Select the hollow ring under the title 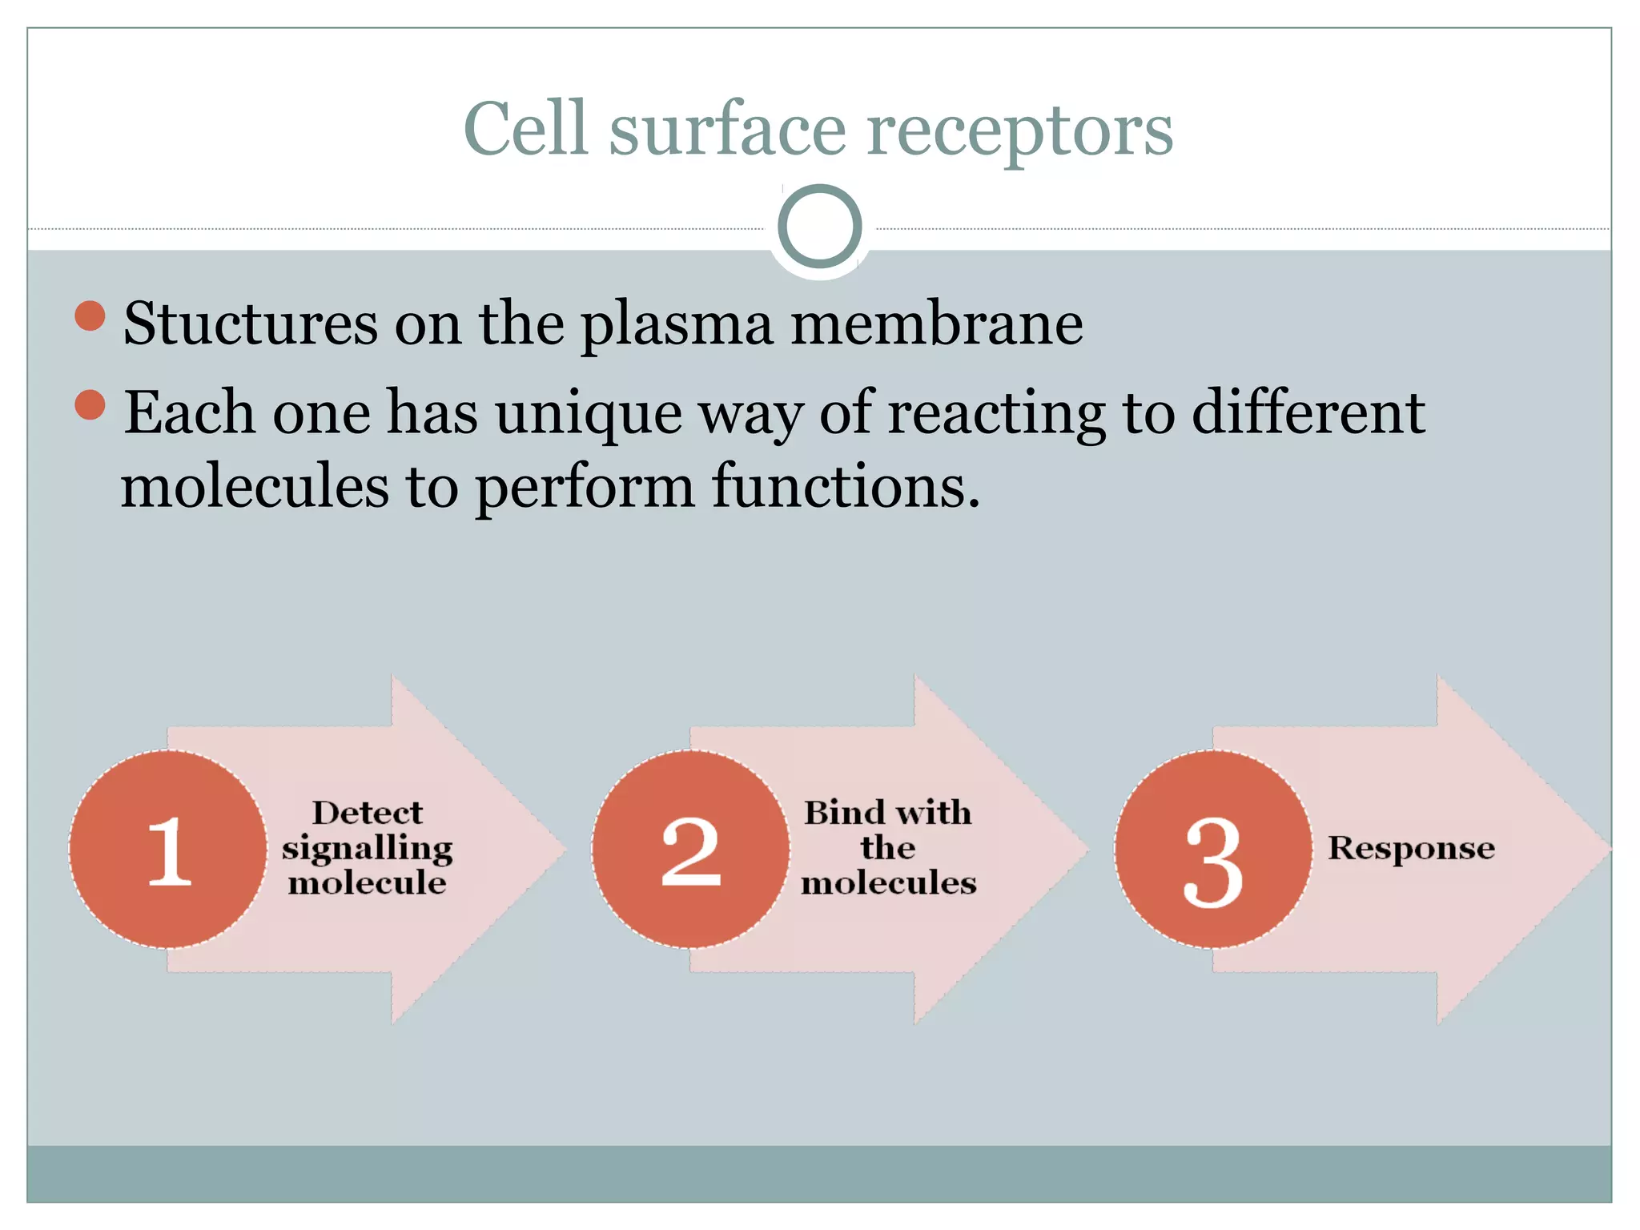819,226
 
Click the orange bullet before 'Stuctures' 90,316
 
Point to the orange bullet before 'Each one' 90,404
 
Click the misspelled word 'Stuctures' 250,324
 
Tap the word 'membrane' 937,324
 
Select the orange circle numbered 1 168,850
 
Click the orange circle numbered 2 691,850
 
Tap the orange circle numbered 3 1214,850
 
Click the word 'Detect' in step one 367,813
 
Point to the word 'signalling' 367,848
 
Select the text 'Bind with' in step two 887,813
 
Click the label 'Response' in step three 1411,848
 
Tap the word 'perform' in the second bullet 585,488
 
